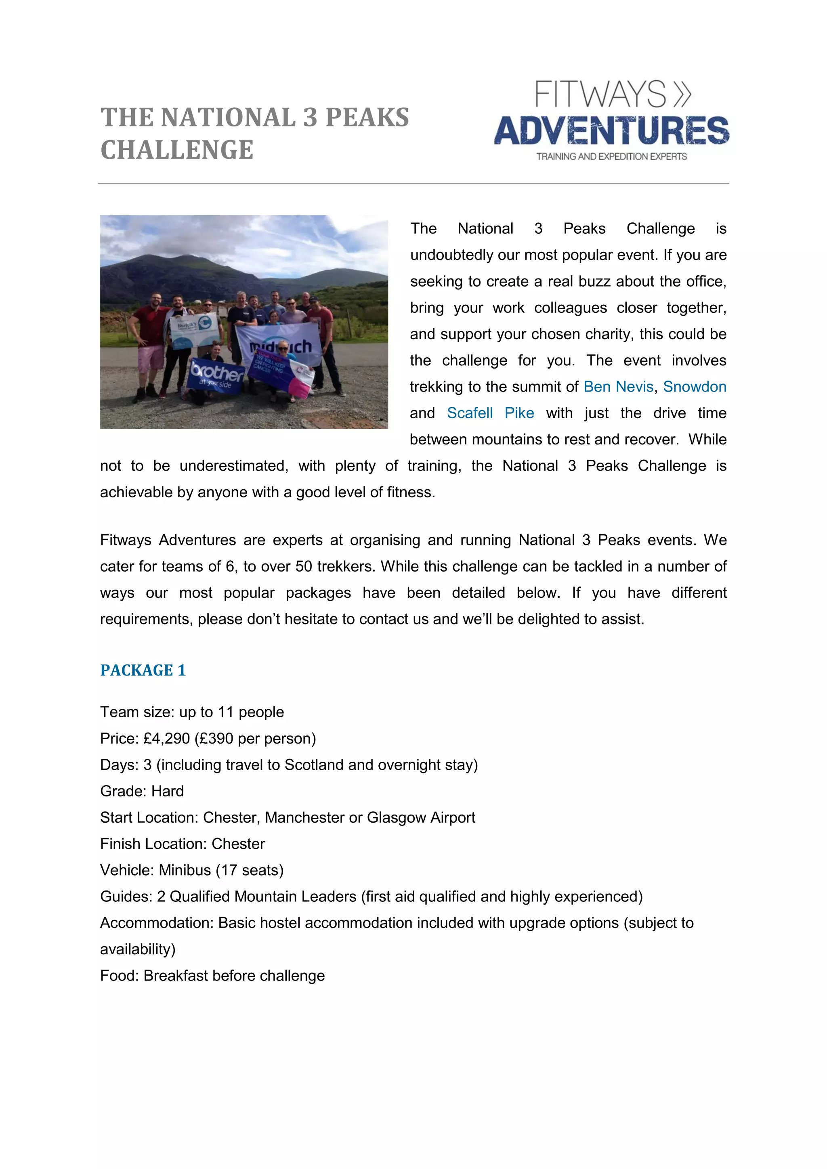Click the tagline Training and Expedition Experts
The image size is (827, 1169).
point(611,157)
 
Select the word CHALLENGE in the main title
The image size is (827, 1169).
point(177,150)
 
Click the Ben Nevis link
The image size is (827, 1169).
point(618,387)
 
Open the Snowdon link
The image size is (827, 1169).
point(694,387)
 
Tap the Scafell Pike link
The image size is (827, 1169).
point(490,413)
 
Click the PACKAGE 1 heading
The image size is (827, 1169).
point(143,670)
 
